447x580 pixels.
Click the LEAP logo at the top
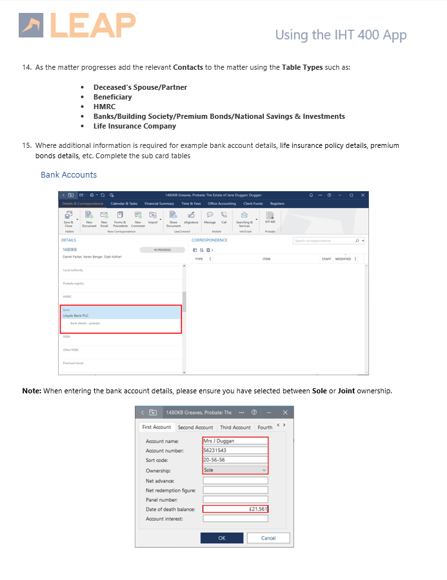click(78, 25)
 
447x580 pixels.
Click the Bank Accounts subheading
click(68, 175)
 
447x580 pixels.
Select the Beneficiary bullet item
click(112, 97)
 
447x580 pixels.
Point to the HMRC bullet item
click(104, 107)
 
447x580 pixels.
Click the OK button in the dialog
click(221, 537)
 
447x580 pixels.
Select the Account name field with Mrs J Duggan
click(235, 441)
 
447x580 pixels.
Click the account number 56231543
click(235, 451)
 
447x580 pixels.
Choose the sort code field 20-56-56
click(235, 461)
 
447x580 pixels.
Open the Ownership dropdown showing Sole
click(235, 470)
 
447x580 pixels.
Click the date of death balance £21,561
click(235, 509)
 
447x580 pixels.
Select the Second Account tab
click(195, 428)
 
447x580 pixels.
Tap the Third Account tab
click(235, 428)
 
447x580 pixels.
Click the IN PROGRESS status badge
click(162, 249)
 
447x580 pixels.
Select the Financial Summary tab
click(159, 203)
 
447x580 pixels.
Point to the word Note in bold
click(32, 391)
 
